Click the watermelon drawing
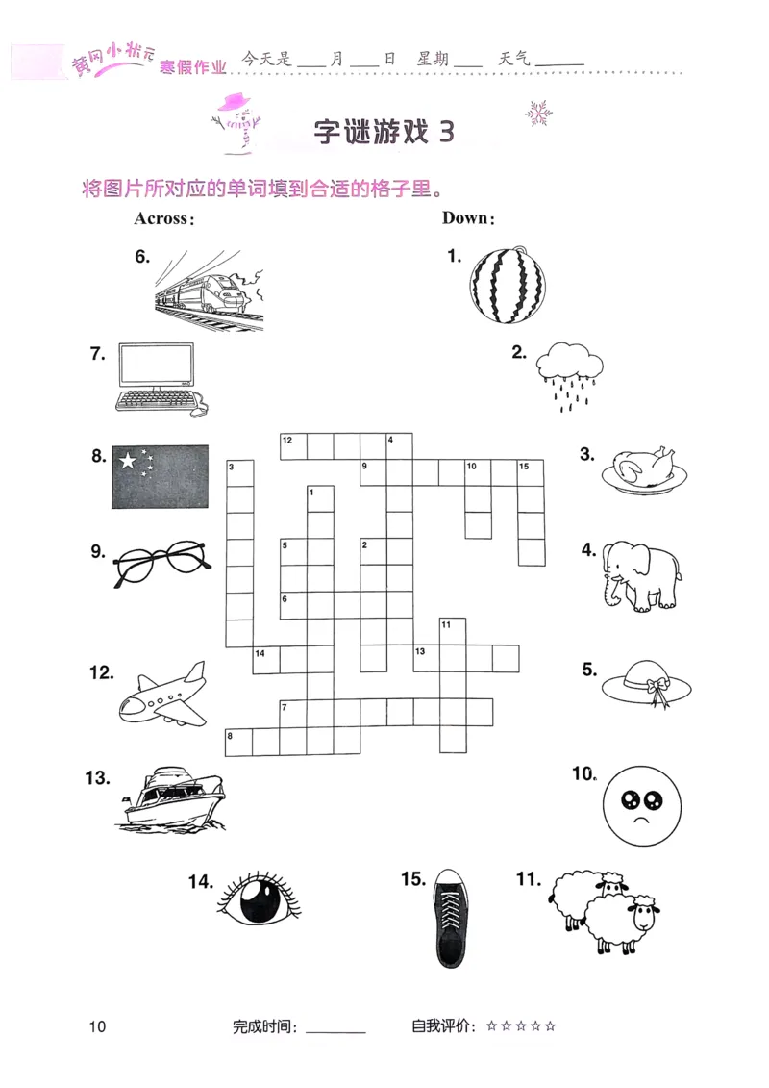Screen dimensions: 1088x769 (507, 286)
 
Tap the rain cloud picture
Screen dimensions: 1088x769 (570, 374)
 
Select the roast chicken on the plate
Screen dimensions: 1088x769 (644, 468)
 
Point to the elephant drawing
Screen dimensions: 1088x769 (639, 574)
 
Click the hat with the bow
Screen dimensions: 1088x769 (649, 684)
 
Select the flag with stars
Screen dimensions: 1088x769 (160, 477)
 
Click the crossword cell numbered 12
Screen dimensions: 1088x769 (292, 446)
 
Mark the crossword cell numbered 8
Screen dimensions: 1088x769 (238, 743)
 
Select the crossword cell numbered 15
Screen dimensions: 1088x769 (531, 473)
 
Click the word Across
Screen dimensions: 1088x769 (163, 218)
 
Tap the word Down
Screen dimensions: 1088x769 (467, 218)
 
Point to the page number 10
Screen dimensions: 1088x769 (96, 1026)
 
